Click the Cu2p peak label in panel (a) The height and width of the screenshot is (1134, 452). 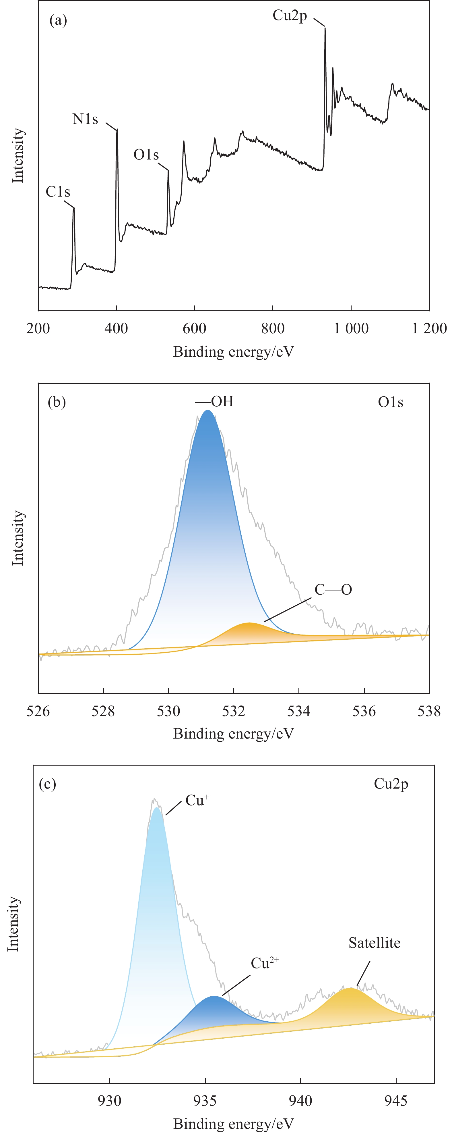pos(289,16)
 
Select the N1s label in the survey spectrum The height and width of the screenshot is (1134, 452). pos(85,119)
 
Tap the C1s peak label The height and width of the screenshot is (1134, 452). pos(58,192)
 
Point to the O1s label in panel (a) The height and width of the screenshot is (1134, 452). pos(146,155)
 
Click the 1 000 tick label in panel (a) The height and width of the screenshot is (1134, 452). pos(351,328)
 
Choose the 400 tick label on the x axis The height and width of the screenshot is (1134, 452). pos(116,328)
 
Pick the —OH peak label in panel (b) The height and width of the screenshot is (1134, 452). pos(215,401)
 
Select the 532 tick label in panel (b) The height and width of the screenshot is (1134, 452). pos(234,711)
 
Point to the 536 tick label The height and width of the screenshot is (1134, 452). pos(364,711)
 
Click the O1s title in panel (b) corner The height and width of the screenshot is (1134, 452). pos(391,402)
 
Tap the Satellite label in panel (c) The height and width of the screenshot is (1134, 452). pos(374,943)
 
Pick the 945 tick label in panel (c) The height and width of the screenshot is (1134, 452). pos(396,1101)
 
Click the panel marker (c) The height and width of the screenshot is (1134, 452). pos(47,784)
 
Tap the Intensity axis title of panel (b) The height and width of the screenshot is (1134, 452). pos(18,538)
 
